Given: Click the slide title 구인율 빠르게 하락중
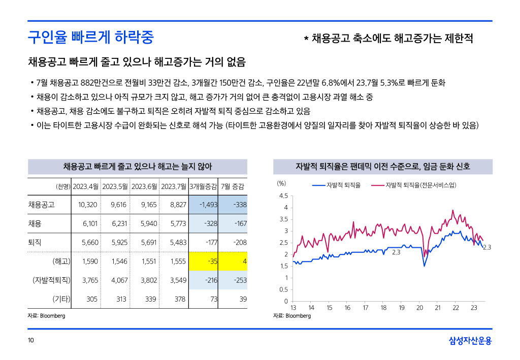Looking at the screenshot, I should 91,37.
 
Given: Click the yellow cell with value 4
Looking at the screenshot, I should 233,261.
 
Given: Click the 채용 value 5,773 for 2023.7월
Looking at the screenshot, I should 174,224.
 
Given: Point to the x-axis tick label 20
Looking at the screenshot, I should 419,308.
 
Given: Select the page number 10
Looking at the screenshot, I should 30,341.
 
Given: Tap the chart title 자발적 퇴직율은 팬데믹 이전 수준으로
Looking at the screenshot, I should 383,167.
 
